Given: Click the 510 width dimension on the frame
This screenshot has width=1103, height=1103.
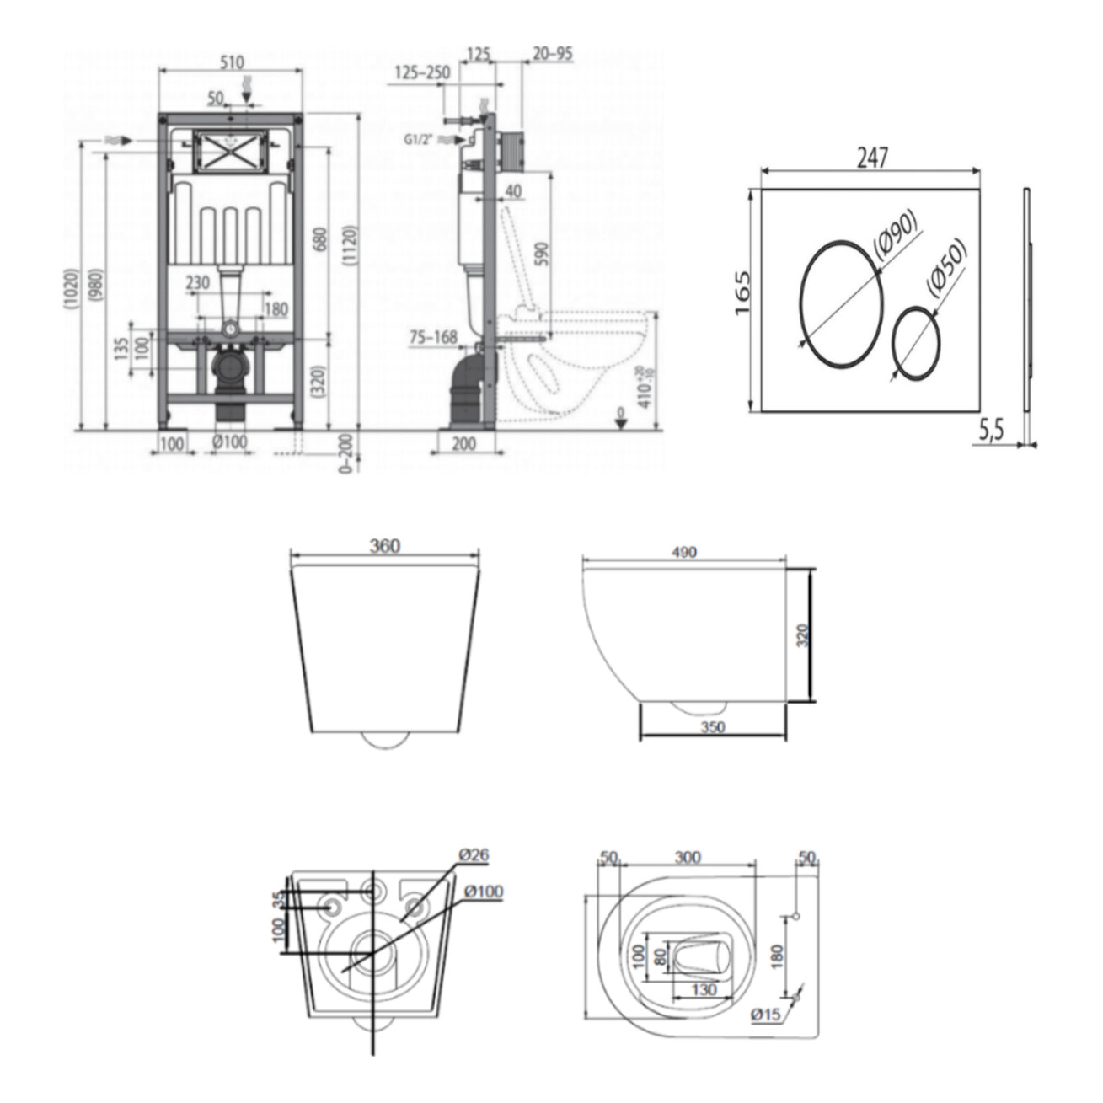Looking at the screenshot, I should pos(232,62).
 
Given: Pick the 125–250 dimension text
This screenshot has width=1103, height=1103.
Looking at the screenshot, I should pos(420,73).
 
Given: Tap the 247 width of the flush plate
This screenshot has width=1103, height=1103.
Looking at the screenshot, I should pos(872,158).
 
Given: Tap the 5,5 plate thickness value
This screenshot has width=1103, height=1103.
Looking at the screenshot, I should pos(992,431).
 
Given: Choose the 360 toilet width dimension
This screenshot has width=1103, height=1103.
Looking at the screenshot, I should pos(384,546).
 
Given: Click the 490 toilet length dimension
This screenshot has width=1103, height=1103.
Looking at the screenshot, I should pos(684,553).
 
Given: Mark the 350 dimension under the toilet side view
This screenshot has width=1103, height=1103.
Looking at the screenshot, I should pos(712,727).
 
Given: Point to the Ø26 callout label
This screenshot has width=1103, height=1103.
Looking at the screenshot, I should pos(474,855).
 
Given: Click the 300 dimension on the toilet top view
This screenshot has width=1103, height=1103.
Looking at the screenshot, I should pos(688,857).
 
